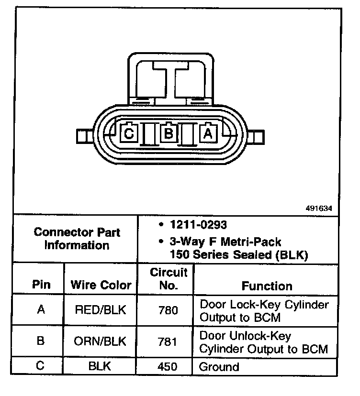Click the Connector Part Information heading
coord(77,239)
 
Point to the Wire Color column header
coord(101,285)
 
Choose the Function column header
coord(267,286)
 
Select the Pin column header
coord(41,285)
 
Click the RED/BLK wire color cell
coord(101,310)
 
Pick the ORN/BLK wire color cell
coord(101,341)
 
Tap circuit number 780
coord(168,310)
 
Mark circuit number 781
coord(168,341)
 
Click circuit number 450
coord(168,367)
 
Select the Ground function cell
coord(219,367)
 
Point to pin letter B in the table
coord(41,341)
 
